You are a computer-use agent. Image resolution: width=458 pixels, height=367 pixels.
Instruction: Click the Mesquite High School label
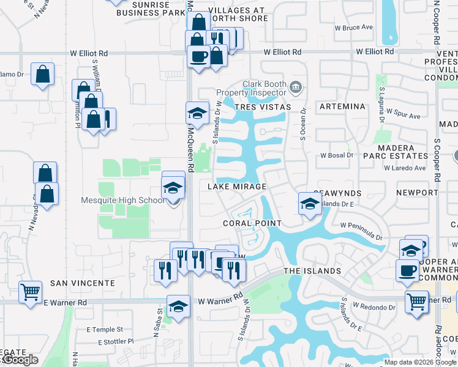[x=122, y=200]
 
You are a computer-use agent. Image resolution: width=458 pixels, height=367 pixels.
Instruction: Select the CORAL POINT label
[x=252, y=223]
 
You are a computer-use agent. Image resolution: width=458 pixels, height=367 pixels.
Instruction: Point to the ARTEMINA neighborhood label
[x=342, y=106]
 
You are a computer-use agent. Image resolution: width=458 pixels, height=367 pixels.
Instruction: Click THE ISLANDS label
[x=312, y=271]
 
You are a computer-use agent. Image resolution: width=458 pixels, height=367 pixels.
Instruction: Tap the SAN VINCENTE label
[x=83, y=283]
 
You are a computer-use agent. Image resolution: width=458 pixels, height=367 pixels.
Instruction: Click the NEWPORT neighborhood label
[x=417, y=192]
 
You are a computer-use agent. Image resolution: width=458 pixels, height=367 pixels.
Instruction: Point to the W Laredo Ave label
[x=405, y=168]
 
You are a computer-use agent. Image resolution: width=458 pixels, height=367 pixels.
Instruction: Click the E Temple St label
[x=105, y=329]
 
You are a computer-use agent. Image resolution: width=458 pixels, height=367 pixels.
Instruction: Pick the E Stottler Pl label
[x=110, y=341]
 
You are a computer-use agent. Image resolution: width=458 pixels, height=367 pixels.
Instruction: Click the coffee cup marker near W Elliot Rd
[x=198, y=57]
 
